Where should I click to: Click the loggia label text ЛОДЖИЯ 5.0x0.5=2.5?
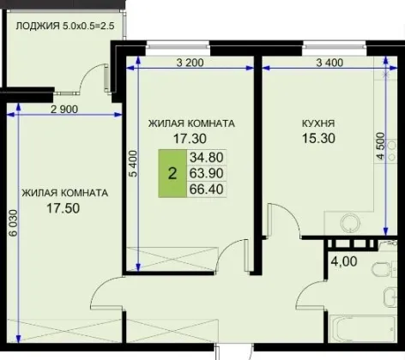coord(65,26)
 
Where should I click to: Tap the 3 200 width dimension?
coord(190,63)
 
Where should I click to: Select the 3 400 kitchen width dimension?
coord(329,63)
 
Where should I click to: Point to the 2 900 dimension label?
coord(64,109)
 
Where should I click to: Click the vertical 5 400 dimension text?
coord(133,164)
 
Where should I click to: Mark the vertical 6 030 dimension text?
coord(13,224)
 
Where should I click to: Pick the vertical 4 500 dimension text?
coord(380,146)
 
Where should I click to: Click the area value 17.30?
coord(190,139)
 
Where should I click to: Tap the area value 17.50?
coord(63,208)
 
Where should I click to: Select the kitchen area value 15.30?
coord(318,138)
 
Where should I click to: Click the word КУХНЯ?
coord(318,123)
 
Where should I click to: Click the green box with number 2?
coord(172,173)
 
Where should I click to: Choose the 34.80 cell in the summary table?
coord(207,158)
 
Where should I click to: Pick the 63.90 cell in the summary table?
coord(207,173)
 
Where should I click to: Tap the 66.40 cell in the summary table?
coord(207,189)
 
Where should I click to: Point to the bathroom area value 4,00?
coord(344,261)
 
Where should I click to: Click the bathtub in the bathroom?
coord(363,328)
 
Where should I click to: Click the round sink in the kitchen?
coord(350,222)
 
